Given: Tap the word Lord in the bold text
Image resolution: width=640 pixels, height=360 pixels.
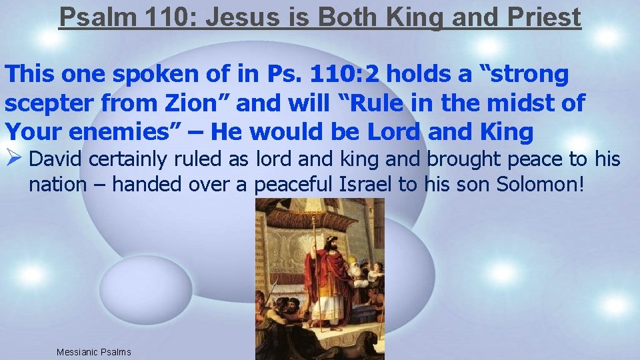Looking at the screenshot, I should pos(393,132).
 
